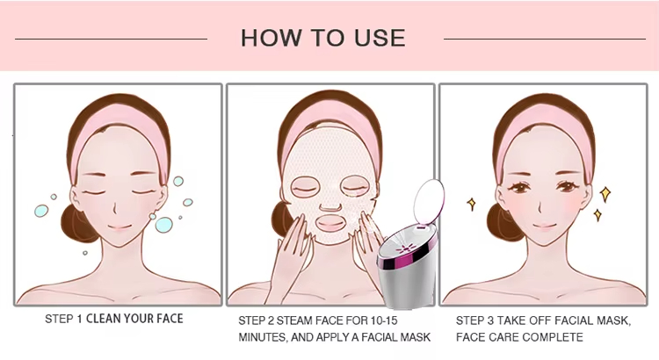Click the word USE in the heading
[x=379, y=38]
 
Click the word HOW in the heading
[x=272, y=38]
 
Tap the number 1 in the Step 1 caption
[x=79, y=319]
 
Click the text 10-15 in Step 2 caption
[x=383, y=321]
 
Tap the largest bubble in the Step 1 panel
[x=164, y=225]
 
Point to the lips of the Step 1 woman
[x=119, y=228]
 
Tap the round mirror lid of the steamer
[x=429, y=199]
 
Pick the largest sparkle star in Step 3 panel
[x=605, y=194]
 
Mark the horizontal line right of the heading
[x=545, y=39]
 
